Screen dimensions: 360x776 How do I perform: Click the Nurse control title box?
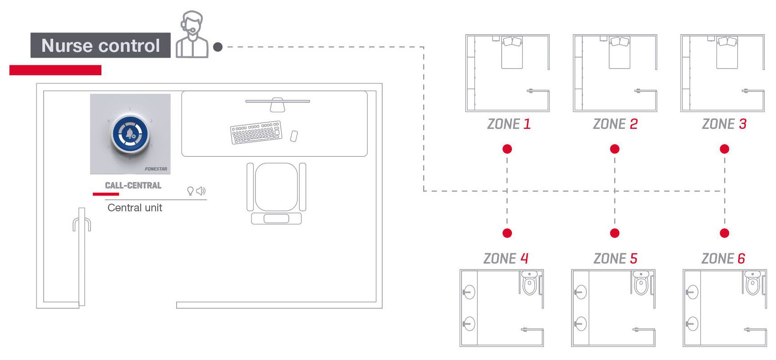coord(100,46)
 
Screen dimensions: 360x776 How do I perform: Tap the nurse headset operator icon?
coord(192,36)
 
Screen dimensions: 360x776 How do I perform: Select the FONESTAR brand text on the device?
coord(156,169)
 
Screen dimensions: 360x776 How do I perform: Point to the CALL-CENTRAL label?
coord(133,185)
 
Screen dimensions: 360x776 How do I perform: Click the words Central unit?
coord(135,208)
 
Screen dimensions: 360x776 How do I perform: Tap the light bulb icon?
coord(190,191)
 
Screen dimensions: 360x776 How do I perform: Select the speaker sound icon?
coord(201,191)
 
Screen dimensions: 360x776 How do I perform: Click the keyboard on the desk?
coord(256,132)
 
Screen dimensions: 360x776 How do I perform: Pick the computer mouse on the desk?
coord(294,136)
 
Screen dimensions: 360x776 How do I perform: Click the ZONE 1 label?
coord(509,124)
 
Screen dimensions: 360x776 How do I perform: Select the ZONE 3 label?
coord(724,124)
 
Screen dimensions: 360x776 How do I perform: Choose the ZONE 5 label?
coord(615,259)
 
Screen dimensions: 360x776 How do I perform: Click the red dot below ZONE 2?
coord(615,149)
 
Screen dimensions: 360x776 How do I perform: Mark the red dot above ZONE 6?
coord(724,233)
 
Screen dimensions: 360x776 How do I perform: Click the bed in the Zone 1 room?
coord(512,53)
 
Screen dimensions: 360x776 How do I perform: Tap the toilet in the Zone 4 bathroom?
coord(529,283)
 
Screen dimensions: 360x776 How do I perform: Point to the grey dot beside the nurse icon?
coord(218,47)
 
